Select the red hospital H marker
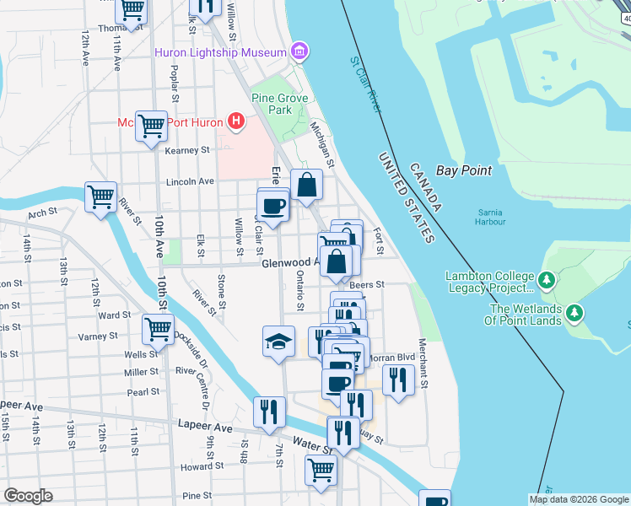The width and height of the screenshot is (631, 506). pos(236,123)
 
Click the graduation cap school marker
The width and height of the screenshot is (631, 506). pos(279,341)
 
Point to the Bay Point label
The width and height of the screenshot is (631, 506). pos(463,170)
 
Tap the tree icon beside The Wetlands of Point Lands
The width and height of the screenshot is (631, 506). pos(575,314)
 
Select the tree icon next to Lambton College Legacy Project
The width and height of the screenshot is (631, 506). pos(547,278)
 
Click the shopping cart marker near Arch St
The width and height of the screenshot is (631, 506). pos(100,196)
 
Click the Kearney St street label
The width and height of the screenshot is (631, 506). pos(186,150)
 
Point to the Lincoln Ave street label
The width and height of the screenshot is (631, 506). pos(190,181)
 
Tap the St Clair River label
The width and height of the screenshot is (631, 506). pos(366,84)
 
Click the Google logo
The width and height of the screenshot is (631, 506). pos(28,496)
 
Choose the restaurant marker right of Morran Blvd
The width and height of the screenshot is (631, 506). pos(399,379)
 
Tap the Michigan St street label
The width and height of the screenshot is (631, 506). pos(322,143)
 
